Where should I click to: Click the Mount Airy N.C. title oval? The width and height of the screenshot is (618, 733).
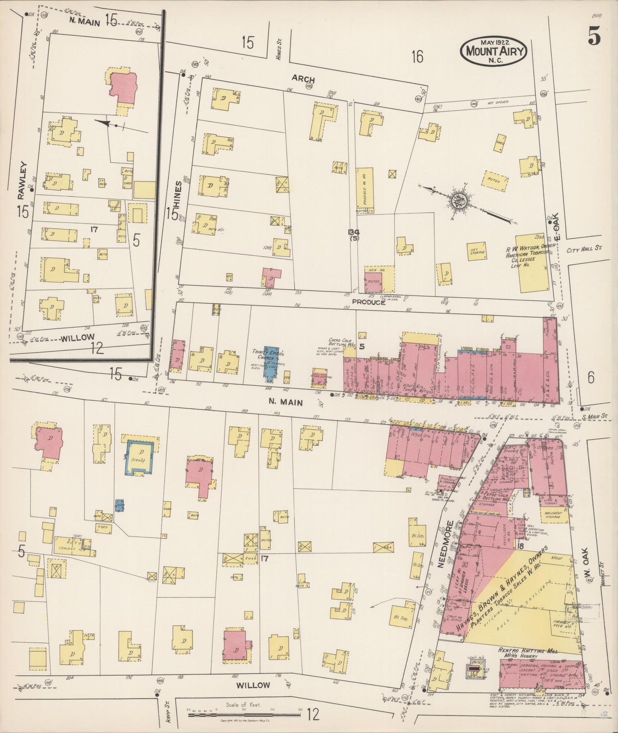[x=493, y=50]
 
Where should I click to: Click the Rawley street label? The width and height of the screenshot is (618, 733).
[x=22, y=180]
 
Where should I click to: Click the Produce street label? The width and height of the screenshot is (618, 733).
[x=368, y=302]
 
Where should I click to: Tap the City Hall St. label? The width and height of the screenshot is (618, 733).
[x=584, y=248]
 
